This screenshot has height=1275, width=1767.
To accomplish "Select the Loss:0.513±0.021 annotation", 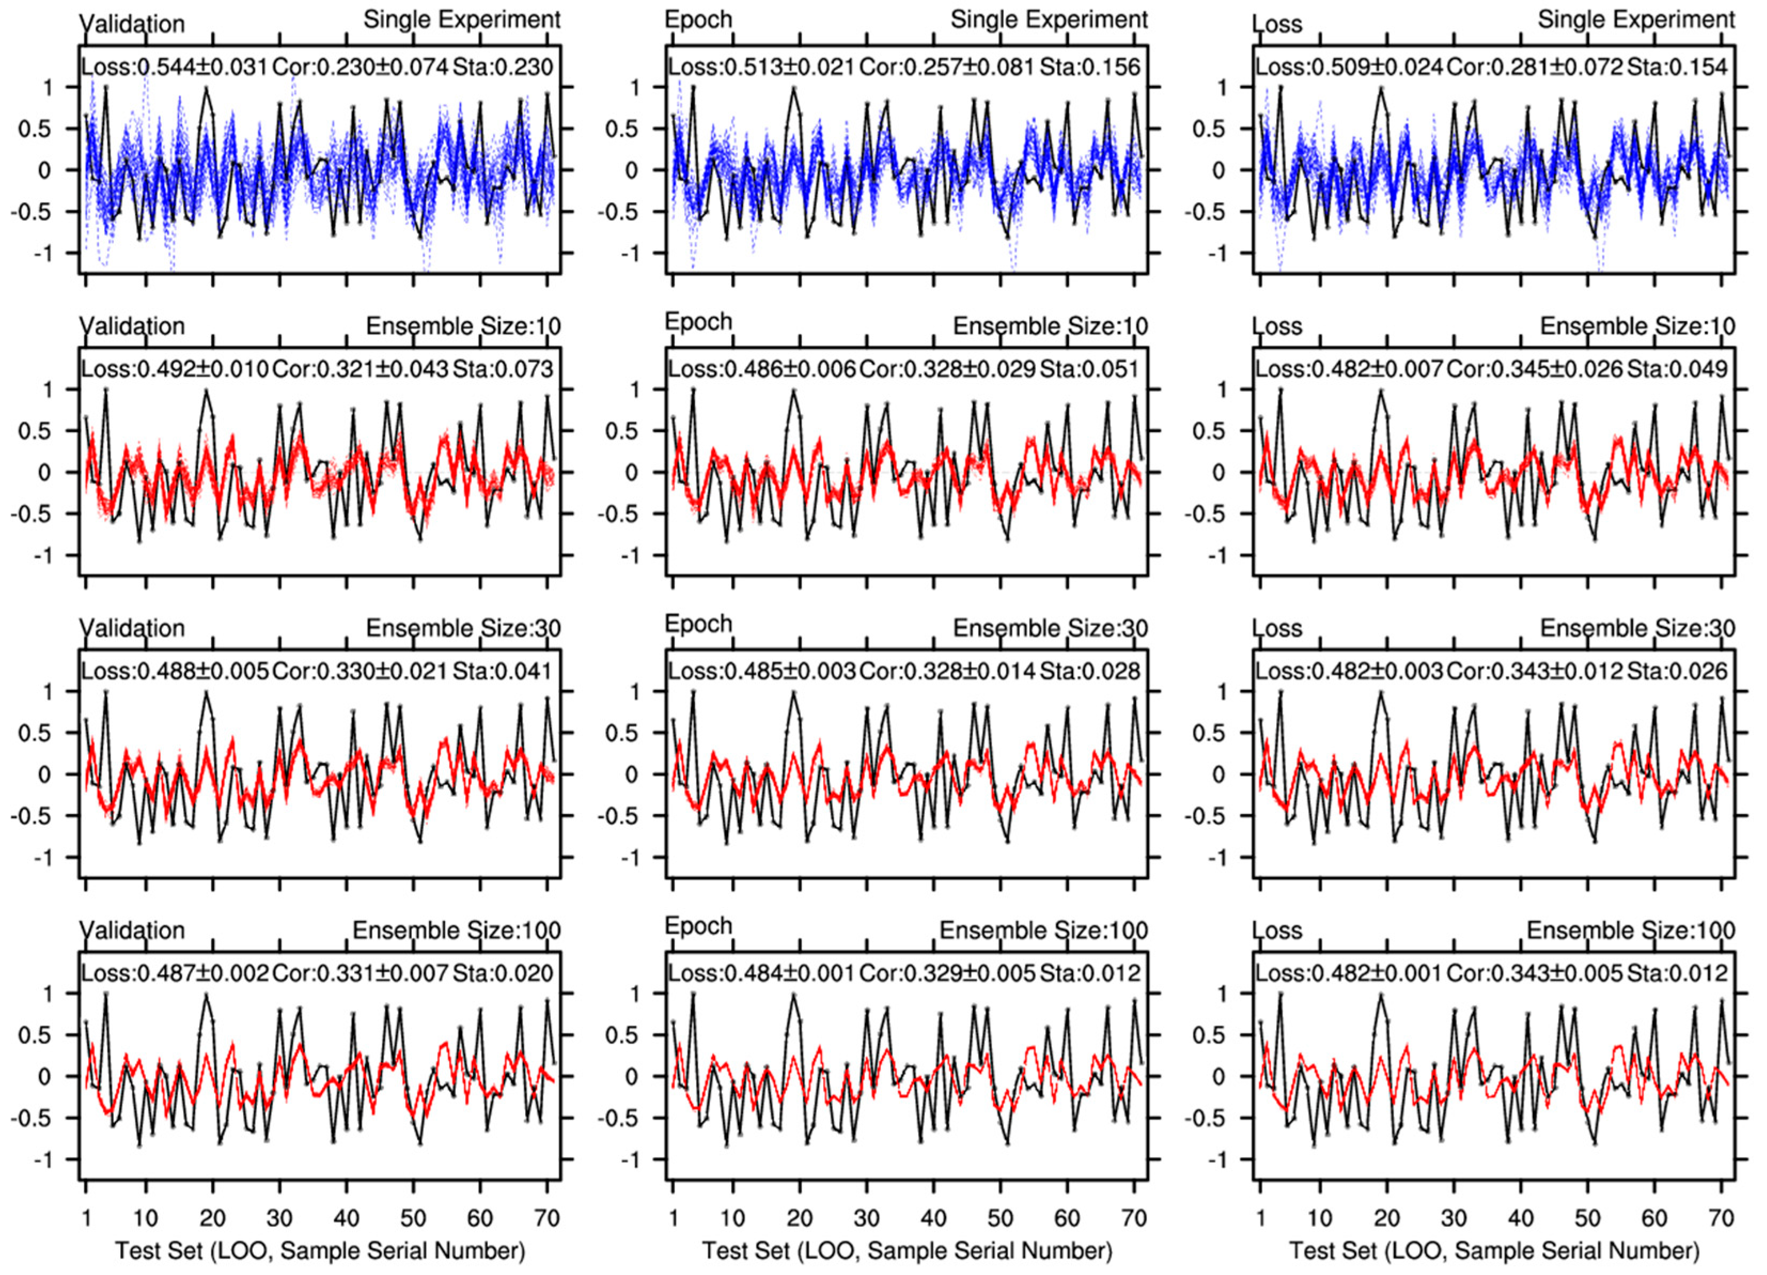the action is (761, 67).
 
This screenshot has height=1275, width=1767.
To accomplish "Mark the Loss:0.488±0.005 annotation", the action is (175, 671).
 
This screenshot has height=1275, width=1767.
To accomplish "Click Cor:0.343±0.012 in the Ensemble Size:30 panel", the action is (1535, 671).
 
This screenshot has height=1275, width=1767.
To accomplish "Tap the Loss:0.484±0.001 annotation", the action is (761, 974).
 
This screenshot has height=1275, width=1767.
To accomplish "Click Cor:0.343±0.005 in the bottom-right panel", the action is (1535, 974).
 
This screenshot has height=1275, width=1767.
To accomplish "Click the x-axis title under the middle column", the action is (907, 1251).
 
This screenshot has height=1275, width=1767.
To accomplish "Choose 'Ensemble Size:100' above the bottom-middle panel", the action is (1044, 930).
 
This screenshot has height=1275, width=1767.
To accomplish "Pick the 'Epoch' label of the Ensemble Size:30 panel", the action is (698, 624).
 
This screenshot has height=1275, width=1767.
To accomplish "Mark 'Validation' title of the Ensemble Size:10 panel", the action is (132, 326).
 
